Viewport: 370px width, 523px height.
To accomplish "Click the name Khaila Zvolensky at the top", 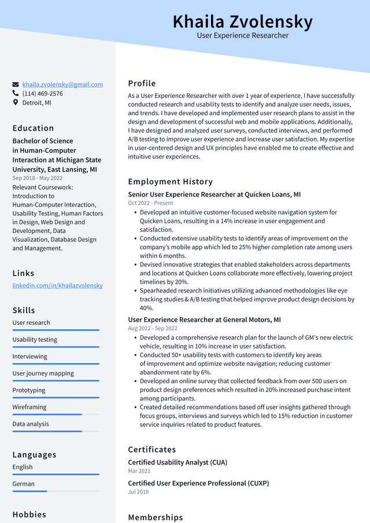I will [x=242, y=22].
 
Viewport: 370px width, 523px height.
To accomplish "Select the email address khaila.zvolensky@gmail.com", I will [x=62, y=84].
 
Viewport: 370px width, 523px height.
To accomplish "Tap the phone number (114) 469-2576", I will [x=43, y=94].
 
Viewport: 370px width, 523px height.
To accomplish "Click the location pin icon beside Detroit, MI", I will [x=16, y=102].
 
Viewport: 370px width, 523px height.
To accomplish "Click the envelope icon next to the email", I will [x=16, y=84].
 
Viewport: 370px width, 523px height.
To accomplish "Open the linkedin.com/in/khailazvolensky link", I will [x=57, y=285].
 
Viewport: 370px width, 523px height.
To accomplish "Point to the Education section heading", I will [x=33, y=128].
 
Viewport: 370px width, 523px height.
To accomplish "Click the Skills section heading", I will [x=24, y=310].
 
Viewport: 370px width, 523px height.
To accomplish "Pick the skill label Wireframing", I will [x=30, y=407].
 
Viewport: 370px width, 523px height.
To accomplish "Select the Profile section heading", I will [x=142, y=83].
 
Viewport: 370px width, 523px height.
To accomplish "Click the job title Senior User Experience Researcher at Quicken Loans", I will [x=214, y=195].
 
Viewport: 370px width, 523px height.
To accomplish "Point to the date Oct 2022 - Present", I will [x=150, y=203].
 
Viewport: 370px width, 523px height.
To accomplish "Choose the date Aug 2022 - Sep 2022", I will [x=153, y=328].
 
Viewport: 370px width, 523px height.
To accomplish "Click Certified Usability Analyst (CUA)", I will [x=177, y=462].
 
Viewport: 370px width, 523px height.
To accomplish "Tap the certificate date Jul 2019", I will [x=138, y=492].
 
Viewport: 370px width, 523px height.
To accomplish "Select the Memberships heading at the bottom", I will [x=155, y=517].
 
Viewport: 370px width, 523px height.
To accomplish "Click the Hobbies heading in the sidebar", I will [x=29, y=514].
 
